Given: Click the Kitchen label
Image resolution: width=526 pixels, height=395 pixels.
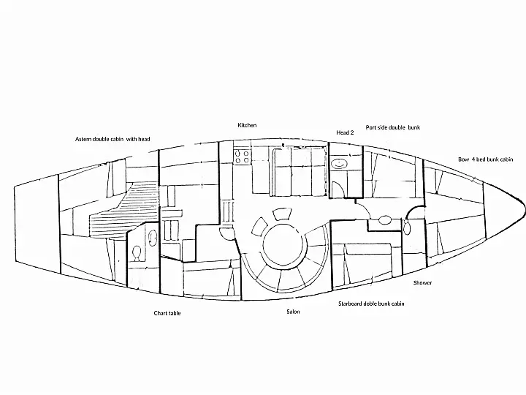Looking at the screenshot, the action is (x=247, y=125).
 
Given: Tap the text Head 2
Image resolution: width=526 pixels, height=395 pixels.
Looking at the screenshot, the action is (x=345, y=132).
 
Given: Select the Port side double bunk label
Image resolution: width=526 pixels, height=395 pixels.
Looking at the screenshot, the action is (x=393, y=127).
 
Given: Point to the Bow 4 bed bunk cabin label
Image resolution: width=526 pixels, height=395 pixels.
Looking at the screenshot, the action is (x=485, y=159).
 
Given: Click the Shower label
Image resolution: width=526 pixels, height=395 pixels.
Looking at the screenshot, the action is (x=422, y=283).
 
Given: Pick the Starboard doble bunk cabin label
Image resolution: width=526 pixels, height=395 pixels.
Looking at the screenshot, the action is (x=371, y=304).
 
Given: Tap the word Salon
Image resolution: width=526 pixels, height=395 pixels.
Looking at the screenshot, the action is (x=293, y=312).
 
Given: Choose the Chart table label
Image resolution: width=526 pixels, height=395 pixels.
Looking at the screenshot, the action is (x=167, y=313).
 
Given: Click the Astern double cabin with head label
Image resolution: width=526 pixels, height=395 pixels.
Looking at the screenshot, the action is (x=113, y=139).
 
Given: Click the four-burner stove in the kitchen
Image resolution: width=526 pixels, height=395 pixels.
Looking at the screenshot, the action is (x=242, y=157).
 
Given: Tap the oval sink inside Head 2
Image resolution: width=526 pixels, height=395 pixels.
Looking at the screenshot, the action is (x=339, y=165).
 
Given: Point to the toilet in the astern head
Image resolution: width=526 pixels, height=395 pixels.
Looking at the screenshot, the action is (x=137, y=253).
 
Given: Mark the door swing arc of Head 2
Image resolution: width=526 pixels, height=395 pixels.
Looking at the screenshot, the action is (x=337, y=189).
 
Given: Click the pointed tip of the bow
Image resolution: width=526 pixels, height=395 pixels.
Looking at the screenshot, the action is (x=525, y=206).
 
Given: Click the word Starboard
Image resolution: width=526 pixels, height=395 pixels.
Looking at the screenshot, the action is (x=350, y=304).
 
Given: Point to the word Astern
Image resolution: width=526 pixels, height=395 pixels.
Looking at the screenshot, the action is (x=83, y=139).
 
